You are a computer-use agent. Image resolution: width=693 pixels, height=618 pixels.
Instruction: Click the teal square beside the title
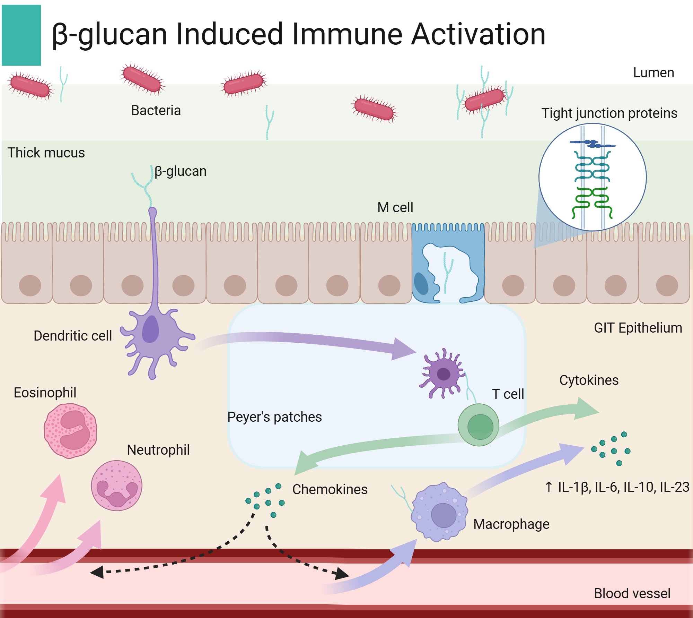(21, 35)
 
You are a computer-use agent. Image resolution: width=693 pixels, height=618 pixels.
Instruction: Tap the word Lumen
(653, 73)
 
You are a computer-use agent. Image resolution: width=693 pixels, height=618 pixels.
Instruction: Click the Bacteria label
(156, 111)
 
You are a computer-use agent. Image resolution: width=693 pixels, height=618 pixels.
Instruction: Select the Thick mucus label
(46, 153)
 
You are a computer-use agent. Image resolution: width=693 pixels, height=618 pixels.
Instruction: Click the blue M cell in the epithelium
(448, 264)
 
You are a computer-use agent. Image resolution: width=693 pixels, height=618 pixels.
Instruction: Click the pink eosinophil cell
(70, 430)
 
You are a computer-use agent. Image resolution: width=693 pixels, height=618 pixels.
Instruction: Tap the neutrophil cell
(116, 486)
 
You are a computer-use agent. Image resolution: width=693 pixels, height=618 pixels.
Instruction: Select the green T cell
(479, 425)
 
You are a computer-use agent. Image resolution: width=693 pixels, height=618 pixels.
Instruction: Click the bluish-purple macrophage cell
(439, 512)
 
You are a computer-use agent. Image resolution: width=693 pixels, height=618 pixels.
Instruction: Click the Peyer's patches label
(274, 417)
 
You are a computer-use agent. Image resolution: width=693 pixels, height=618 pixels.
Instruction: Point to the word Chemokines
(330, 489)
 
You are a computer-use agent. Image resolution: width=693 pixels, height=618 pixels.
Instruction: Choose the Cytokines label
(589, 380)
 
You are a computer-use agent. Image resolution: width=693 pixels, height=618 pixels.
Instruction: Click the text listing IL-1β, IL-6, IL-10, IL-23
(617, 487)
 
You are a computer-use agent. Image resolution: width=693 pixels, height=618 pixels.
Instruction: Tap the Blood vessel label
(632, 593)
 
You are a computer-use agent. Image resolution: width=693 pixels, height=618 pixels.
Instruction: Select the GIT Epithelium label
(638, 328)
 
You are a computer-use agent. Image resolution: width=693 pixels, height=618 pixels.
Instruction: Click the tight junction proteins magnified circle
(592, 177)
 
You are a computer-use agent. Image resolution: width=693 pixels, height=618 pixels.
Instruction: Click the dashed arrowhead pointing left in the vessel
(97, 572)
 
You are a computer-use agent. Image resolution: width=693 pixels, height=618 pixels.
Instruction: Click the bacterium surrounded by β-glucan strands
(484, 100)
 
